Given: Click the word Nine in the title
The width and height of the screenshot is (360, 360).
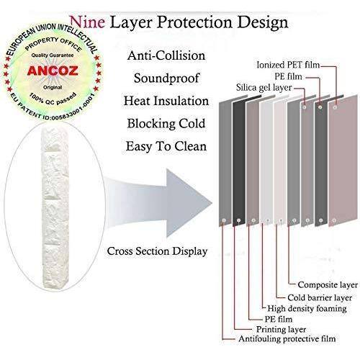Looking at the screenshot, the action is pos(87,22).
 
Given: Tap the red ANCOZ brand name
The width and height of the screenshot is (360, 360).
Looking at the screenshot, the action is pos(53,71).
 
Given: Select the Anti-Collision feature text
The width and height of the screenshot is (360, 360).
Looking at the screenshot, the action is pos(166,55).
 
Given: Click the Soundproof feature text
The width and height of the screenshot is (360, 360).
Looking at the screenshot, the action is pos(166,78).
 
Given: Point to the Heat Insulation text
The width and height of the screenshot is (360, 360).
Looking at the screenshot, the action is pos(166,101).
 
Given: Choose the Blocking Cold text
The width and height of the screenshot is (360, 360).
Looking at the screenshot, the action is pos(166,124).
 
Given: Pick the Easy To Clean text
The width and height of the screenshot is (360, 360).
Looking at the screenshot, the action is pos(166,146).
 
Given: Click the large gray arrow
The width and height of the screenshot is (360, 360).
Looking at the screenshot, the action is pos(158,203).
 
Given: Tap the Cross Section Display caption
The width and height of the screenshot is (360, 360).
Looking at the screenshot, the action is pos(157,251).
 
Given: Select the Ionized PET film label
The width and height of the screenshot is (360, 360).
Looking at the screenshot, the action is pos(288,65).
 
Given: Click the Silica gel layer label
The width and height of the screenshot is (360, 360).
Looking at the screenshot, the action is pos(264,88).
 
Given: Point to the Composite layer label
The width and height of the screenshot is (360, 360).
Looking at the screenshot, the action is pos(328,285).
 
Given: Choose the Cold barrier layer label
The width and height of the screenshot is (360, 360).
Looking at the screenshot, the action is pos(320,298).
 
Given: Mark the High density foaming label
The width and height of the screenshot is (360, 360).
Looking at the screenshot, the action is pos(307,309).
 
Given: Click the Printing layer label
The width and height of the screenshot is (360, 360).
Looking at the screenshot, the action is pos(282,329).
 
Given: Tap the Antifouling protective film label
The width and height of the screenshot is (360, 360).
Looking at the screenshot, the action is pos(287,339).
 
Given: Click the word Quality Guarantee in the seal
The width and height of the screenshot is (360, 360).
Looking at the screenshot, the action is pos(53,55).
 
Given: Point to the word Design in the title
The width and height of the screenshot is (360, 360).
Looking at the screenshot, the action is pos(263,23).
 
